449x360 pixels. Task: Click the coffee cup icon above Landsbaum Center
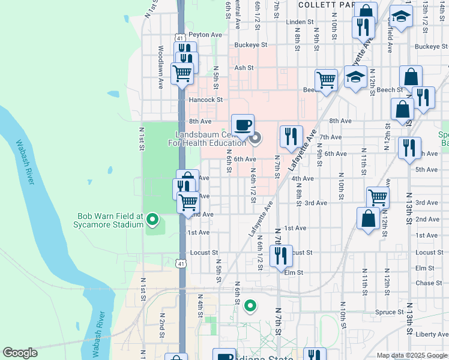pyautogui.click(x=243, y=125)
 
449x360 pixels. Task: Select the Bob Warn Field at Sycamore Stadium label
pyautogui.click(x=110, y=220)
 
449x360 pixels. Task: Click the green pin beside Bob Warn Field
pyautogui.click(x=152, y=220)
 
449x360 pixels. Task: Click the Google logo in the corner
pyautogui.click(x=20, y=353)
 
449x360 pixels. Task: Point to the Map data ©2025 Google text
pyautogui.click(x=412, y=355)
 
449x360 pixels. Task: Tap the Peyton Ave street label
pyautogui.click(x=205, y=35)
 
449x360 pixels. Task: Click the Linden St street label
pyautogui.click(x=300, y=22)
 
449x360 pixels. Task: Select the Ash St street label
pyautogui.click(x=241, y=68)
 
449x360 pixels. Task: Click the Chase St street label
pyautogui.click(x=428, y=283)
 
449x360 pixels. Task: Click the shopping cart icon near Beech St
pyautogui.click(x=326, y=80)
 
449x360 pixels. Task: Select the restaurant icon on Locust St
pyautogui.click(x=280, y=256)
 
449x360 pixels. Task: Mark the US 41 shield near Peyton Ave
pyautogui.click(x=180, y=37)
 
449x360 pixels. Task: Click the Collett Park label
pyautogui.click(x=324, y=4)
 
